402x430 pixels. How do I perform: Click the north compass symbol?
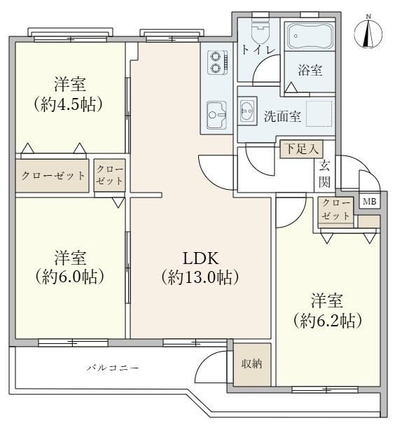click(x=368, y=33)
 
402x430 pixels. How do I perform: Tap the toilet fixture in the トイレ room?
click(x=261, y=32)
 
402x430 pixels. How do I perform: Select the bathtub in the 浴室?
click(x=310, y=36)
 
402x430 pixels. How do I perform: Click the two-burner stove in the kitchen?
click(x=217, y=62)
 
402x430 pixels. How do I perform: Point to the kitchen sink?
click(x=216, y=115)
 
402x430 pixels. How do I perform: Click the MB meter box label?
click(x=369, y=202)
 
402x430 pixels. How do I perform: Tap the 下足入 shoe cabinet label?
click(x=301, y=149)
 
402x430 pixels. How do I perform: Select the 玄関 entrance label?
click(x=324, y=174)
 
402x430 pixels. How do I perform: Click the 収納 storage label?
click(x=251, y=363)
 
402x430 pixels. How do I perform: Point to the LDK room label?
click(x=201, y=258)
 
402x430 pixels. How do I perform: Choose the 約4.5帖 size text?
click(x=68, y=104)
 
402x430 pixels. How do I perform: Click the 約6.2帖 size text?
click(x=327, y=321)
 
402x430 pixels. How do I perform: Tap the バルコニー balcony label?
click(x=113, y=368)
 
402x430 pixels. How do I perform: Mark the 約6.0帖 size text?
click(x=69, y=277)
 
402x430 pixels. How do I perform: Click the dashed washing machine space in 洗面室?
click(x=319, y=114)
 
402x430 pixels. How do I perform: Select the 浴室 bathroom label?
click(x=310, y=70)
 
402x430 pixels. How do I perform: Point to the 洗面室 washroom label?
click(x=282, y=116)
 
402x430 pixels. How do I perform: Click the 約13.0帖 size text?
click(x=200, y=277)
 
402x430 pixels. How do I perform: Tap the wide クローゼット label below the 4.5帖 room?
click(x=53, y=176)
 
